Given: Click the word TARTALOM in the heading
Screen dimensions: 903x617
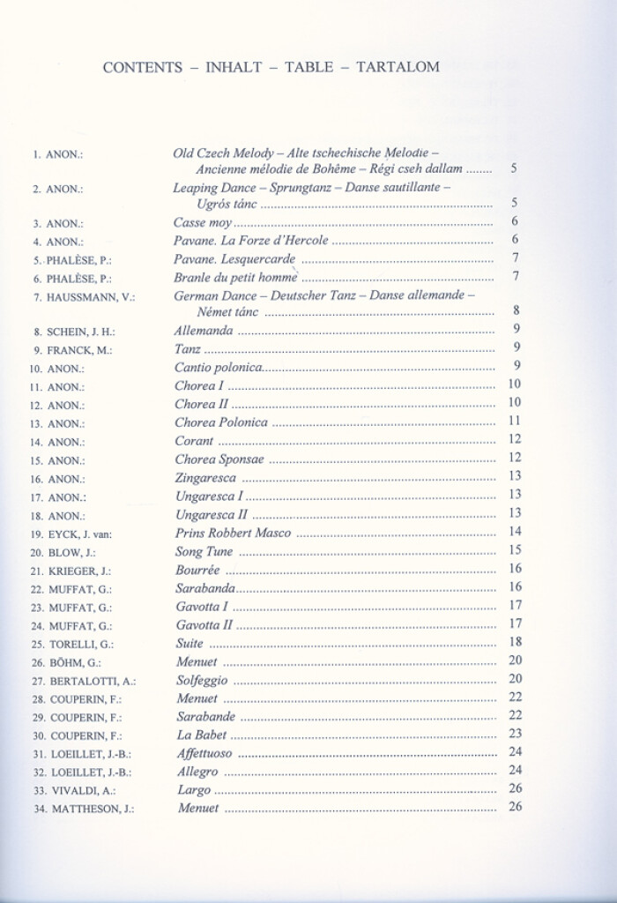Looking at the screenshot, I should [398, 68].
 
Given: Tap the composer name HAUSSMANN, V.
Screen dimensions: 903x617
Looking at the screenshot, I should [92, 297].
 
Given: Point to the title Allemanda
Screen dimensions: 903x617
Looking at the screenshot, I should [204, 331].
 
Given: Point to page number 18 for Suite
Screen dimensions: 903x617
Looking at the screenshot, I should [516, 642].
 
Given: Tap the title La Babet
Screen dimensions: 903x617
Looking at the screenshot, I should [202, 735].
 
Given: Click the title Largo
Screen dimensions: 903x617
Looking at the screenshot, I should [194, 789].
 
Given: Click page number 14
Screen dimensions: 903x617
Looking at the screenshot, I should [516, 532].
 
